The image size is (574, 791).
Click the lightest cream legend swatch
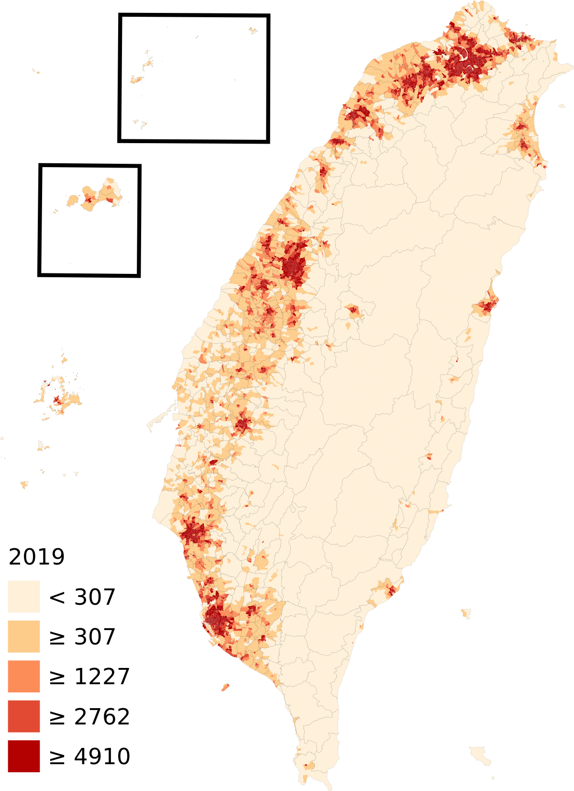coord(24,597)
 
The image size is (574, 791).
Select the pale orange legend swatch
coord(24,636)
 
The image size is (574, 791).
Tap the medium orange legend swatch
coord(24,677)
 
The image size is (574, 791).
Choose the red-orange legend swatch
coord(24,716)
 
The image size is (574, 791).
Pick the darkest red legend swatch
coord(24,756)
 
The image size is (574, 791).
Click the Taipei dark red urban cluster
coord(466,60)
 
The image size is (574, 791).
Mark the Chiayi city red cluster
coord(243,424)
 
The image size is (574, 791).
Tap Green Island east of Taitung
coord(465,613)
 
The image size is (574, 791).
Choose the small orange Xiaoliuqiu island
coord(225,687)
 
